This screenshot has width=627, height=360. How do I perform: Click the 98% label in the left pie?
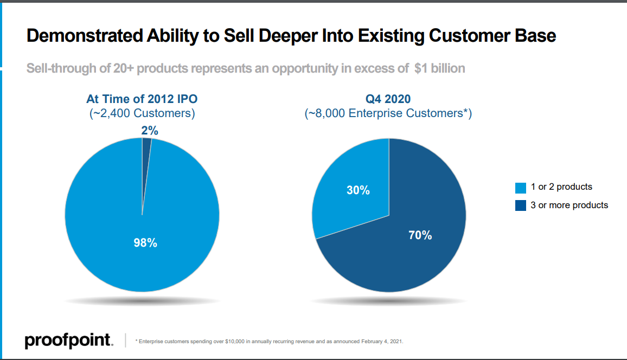tap(145, 243)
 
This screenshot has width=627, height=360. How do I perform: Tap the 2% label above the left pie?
tap(149, 130)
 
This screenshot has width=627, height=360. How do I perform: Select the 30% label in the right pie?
tap(358, 190)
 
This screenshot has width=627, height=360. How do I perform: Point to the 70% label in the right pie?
tap(420, 235)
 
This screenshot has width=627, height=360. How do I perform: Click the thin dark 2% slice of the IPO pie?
tap(146, 163)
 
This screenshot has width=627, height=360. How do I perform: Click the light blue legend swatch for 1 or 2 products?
tap(521, 188)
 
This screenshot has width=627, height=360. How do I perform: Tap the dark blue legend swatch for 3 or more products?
tap(521, 205)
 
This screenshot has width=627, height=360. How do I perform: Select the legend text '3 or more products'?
tap(570, 205)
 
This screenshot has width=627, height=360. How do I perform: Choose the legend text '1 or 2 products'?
tap(561, 187)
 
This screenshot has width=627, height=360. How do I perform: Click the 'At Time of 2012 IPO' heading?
tap(142, 99)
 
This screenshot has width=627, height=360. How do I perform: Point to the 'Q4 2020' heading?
tap(388, 99)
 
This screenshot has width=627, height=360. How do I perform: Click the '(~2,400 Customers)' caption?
tap(142, 113)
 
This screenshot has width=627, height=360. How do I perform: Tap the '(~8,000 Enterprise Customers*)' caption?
tap(388, 113)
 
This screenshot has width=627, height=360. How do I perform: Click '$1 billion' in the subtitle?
tap(439, 69)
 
